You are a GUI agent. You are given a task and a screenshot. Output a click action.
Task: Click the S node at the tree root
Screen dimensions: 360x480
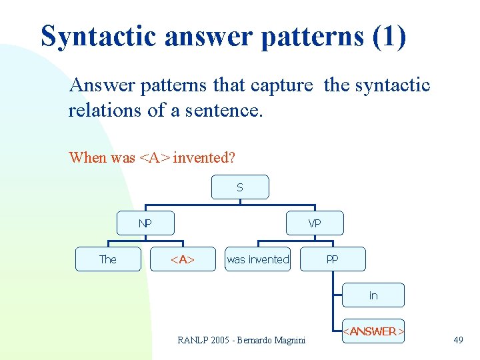tap(240, 187)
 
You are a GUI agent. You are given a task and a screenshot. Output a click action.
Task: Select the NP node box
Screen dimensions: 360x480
tap(145, 223)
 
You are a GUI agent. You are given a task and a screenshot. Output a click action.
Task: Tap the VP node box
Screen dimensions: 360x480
tap(315, 223)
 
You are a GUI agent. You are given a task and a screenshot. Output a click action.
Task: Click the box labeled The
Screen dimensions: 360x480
tap(107, 259)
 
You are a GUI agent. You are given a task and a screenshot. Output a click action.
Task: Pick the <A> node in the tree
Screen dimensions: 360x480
tap(182, 259)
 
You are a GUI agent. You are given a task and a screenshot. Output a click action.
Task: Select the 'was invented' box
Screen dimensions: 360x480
tap(258, 259)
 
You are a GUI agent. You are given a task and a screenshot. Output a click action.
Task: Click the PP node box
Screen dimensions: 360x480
tap(332, 259)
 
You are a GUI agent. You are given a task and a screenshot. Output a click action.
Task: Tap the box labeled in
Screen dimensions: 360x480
tap(373, 295)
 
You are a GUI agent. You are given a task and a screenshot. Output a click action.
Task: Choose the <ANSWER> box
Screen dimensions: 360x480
tap(373, 331)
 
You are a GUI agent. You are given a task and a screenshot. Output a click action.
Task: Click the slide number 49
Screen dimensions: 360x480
tap(458, 340)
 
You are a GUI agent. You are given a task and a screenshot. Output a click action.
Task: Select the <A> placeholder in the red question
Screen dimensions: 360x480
tap(154, 158)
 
